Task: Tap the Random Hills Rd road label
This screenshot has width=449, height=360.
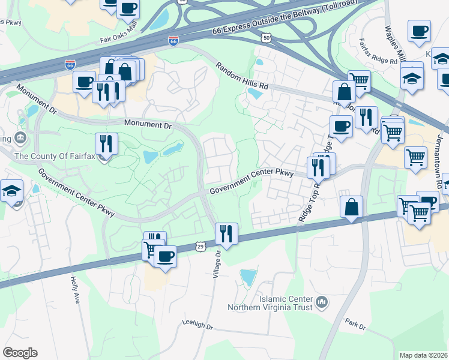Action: tap(243, 77)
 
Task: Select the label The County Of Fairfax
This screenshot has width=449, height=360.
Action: tap(52, 157)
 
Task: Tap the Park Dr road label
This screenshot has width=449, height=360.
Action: tap(355, 325)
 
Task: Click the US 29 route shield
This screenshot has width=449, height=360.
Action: tap(200, 247)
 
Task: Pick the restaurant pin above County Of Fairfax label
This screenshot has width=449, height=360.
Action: tap(106, 143)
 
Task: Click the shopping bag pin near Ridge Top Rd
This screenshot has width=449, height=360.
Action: tap(352, 207)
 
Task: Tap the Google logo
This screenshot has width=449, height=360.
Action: tap(20, 353)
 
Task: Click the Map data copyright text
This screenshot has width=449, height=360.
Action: tap(424, 355)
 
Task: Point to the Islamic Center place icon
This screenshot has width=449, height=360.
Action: tap(321, 301)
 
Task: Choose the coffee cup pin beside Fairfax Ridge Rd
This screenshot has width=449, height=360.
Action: tap(419, 31)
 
